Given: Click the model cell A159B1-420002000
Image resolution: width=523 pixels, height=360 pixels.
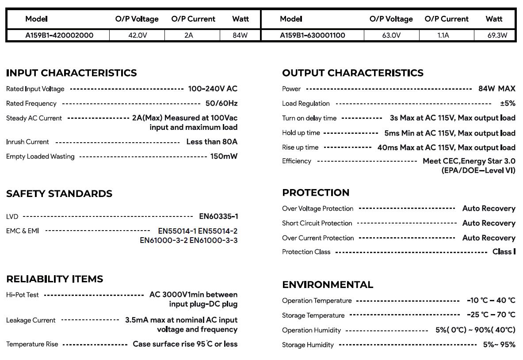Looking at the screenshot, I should (x=59, y=35).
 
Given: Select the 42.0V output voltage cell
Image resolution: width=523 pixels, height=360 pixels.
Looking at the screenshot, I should (x=137, y=35).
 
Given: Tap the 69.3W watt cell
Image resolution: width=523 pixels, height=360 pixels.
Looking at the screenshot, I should (x=497, y=35).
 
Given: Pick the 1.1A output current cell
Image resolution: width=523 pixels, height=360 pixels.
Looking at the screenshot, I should (x=443, y=35).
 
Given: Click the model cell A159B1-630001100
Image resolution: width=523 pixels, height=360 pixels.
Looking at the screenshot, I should (x=313, y=35).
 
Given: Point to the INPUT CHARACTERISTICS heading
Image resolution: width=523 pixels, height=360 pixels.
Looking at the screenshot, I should (x=72, y=73).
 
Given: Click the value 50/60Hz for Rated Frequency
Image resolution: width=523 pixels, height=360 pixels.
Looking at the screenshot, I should (x=221, y=103).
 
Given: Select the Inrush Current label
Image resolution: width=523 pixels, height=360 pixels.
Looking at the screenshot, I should (x=27, y=142).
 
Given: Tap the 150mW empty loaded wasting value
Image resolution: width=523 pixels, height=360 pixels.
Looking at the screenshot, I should (x=224, y=156).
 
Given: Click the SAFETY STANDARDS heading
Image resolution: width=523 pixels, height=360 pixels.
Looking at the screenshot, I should (x=59, y=193).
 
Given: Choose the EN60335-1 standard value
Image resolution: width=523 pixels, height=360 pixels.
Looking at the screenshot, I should (x=218, y=216).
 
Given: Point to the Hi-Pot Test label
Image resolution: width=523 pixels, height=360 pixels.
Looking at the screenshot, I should (x=23, y=295).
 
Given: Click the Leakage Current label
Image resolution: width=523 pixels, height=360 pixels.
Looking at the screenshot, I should (x=31, y=320).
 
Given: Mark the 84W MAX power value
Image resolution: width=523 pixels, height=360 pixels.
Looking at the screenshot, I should (x=496, y=89).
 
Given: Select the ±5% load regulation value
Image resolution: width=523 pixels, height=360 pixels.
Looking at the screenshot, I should (x=508, y=103).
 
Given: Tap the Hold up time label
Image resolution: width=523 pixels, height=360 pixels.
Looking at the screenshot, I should (x=301, y=133).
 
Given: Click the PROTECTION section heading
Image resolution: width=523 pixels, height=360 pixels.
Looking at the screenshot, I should (x=316, y=193).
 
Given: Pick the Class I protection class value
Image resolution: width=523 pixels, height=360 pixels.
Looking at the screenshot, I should (x=504, y=252).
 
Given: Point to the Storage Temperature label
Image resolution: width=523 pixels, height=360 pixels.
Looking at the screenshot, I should (x=313, y=315).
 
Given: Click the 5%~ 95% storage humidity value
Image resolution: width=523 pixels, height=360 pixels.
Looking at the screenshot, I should (x=499, y=345).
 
